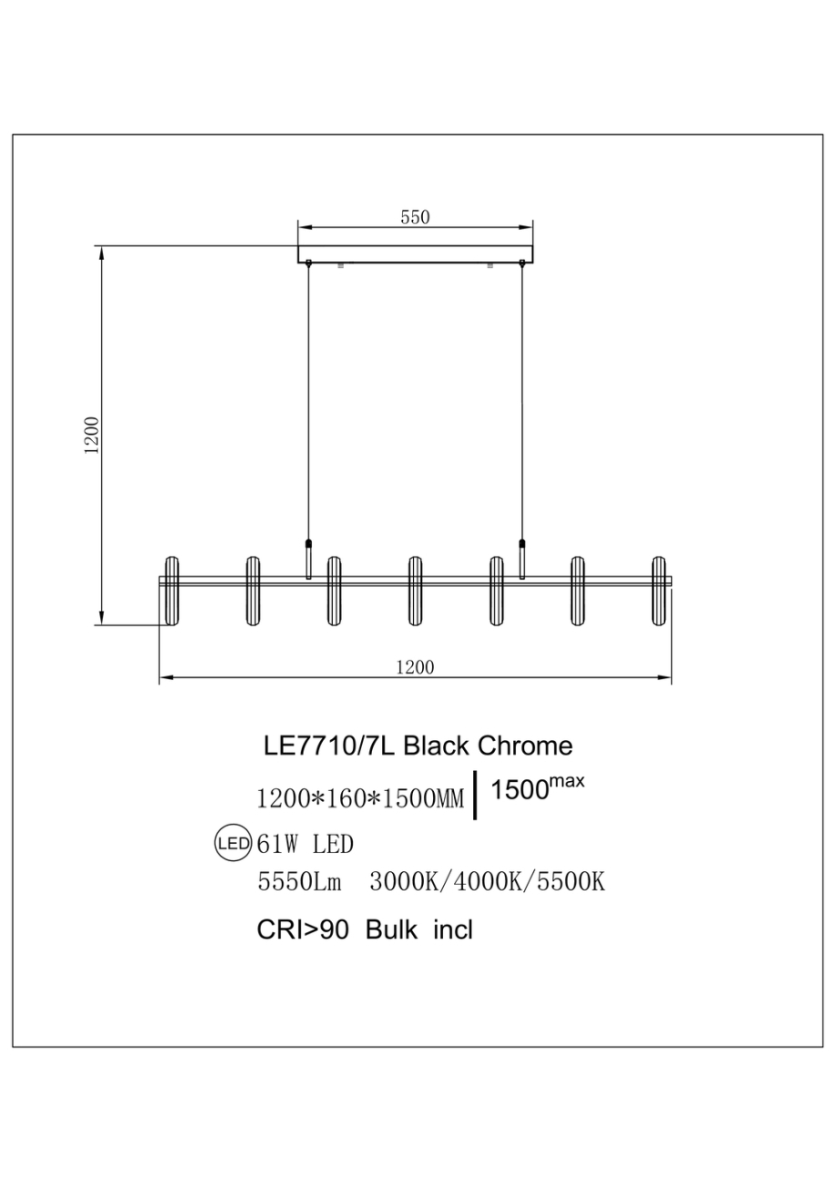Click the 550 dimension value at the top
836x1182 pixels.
click(415, 217)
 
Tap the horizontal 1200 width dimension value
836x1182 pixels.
click(415, 666)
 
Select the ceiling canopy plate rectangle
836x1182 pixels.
click(416, 254)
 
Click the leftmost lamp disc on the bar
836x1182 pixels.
click(171, 590)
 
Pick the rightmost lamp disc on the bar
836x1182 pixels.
click(660, 590)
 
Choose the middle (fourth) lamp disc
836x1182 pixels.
click(416, 590)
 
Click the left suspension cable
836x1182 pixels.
click(309, 400)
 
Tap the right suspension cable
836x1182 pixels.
click(522, 400)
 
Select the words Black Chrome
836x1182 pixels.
click(488, 746)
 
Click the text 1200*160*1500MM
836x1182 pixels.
click(361, 799)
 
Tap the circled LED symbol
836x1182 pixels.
click(232, 844)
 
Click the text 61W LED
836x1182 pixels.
click(306, 845)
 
